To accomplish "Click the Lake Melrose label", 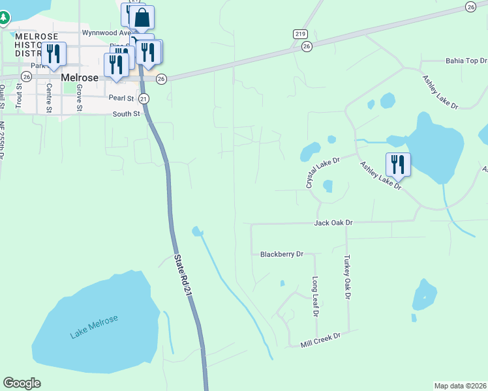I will [95, 326].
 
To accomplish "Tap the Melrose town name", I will [79, 77].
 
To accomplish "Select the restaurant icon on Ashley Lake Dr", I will [398, 164].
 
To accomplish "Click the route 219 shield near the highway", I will [299, 34].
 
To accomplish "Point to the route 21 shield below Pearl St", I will [144, 98].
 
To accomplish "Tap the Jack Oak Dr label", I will [333, 223].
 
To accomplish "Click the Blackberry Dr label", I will [281, 253].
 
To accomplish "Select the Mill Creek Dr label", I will [321, 340].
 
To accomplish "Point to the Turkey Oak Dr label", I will [348, 277].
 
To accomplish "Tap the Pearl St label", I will [121, 98].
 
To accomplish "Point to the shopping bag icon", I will [142, 18].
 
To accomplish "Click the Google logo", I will [22, 383].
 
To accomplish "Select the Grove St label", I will [79, 95].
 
